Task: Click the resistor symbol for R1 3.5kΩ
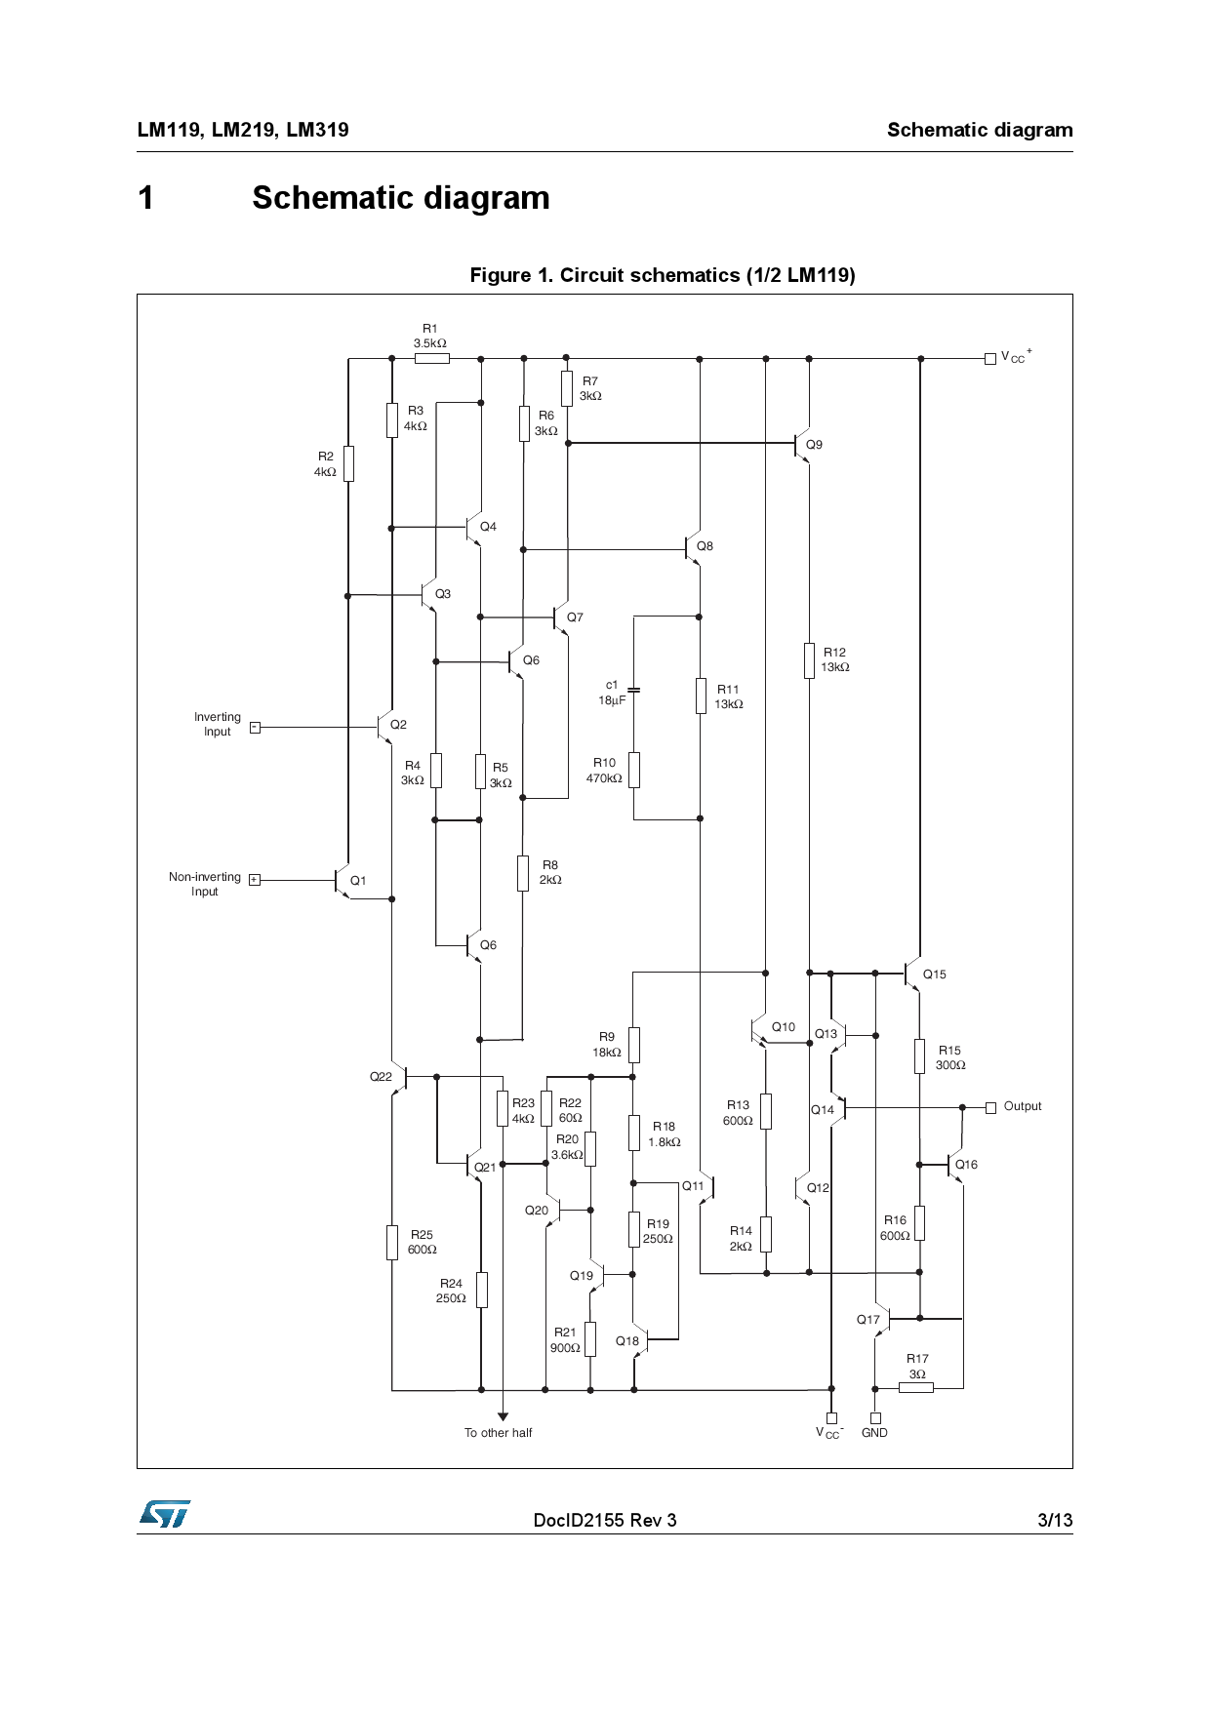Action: [x=431, y=358]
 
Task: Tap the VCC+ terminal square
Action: [x=990, y=358]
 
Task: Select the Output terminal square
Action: [x=990, y=1107]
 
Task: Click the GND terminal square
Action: [x=875, y=1417]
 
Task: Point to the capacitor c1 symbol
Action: [x=633, y=690]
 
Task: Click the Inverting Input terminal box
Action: [x=255, y=727]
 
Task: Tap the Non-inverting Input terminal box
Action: [x=255, y=880]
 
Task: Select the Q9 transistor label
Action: [x=814, y=445]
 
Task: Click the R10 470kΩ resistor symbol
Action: [x=633, y=770]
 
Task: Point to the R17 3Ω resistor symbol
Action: [x=915, y=1387]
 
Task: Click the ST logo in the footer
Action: [x=165, y=1514]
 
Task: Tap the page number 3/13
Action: [x=1055, y=1520]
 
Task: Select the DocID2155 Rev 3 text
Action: [x=604, y=1520]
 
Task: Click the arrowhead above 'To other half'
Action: [x=503, y=1416]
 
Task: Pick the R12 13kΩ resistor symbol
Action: [x=809, y=660]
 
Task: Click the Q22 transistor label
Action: [x=381, y=1077]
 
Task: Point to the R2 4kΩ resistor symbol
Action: [x=348, y=464]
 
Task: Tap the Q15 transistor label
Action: [x=934, y=975]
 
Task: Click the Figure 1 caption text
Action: [x=663, y=275]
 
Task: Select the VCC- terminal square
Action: [x=831, y=1417]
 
